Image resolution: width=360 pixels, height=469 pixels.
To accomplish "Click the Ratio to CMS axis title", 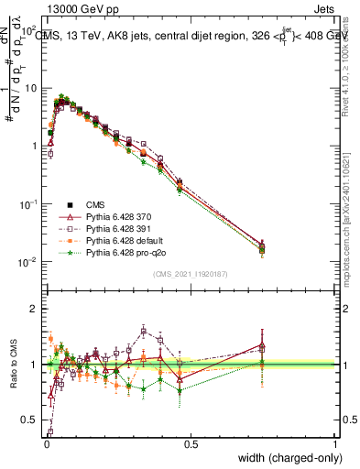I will tap(13, 365).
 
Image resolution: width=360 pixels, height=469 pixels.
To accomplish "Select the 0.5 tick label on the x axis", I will tap(191, 444).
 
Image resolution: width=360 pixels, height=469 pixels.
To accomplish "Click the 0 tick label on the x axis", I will tap(46, 444).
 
